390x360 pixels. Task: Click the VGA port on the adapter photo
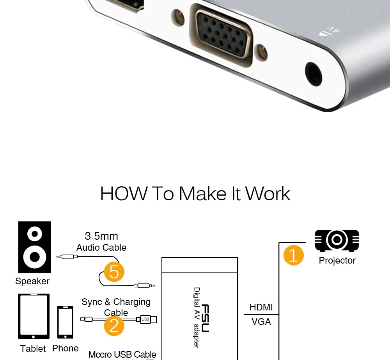pyautogui.click(x=221, y=36)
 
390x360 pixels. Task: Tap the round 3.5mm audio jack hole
pyautogui.click(x=314, y=75)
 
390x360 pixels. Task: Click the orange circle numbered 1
pyautogui.click(x=294, y=255)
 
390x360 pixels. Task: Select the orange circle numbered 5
pyautogui.click(x=114, y=272)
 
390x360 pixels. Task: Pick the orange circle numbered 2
pyautogui.click(x=114, y=326)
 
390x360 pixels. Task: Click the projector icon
pyautogui.click(x=337, y=241)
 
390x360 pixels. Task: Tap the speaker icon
pyautogui.click(x=35, y=247)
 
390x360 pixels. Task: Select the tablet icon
pyautogui.click(x=34, y=316)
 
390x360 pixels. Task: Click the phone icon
pyautogui.click(x=66, y=322)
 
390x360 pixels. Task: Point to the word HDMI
pyautogui.click(x=261, y=307)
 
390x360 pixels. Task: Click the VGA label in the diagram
pyautogui.click(x=261, y=322)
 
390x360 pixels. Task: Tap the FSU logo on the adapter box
pyautogui.click(x=205, y=318)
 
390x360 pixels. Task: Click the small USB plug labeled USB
pyautogui.click(x=147, y=319)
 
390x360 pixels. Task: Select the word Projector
pyautogui.click(x=337, y=261)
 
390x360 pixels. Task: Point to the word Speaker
pyautogui.click(x=32, y=281)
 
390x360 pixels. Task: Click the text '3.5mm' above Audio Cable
pyautogui.click(x=101, y=236)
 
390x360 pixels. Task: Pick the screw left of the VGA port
pyautogui.click(x=177, y=18)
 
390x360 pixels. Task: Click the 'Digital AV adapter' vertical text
pyautogui.click(x=197, y=318)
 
